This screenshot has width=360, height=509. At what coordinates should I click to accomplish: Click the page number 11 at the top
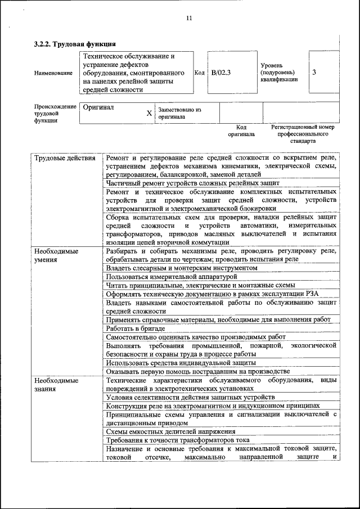coord(189,18)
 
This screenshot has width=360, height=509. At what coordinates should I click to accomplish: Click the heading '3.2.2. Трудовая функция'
coord(75,44)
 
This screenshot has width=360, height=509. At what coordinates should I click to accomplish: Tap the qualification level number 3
coord(314,73)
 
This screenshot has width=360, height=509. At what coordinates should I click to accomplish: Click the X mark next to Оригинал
coord(149,113)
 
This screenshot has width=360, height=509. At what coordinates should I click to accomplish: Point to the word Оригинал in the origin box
coord(98,107)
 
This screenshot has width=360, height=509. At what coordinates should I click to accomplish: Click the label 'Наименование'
coord(53,73)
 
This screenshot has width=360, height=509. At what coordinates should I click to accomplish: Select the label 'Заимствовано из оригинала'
coord(179,113)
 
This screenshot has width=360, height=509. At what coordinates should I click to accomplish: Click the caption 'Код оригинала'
coord(241,130)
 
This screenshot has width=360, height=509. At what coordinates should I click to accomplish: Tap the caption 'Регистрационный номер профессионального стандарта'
coord(303,134)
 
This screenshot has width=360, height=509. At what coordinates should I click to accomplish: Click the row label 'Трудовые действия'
coord(65,158)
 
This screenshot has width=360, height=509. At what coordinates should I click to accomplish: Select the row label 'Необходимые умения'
coord(56,255)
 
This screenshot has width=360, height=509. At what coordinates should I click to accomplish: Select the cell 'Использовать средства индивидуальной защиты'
coord(181,363)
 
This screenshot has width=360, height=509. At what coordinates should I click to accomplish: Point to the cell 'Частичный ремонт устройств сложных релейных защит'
coord(192,183)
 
